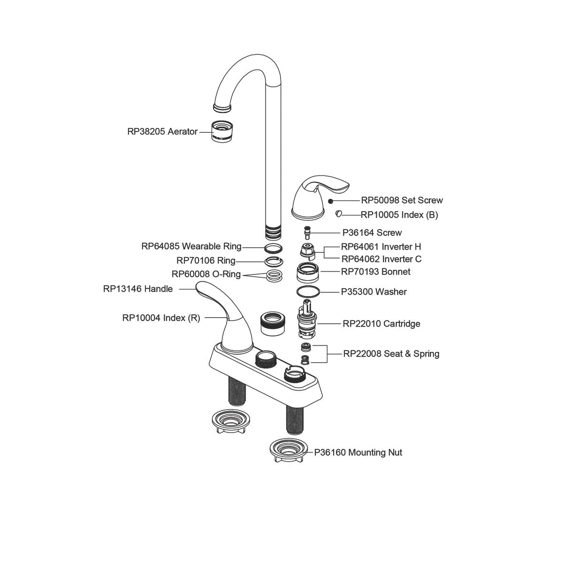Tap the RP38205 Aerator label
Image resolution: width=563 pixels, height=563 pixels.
162,132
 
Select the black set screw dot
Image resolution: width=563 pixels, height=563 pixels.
330,201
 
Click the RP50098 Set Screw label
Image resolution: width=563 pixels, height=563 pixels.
402,200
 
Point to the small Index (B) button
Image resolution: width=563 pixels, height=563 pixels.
338,214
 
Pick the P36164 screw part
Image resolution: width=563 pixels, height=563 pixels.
307,232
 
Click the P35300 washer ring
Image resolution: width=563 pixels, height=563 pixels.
308,291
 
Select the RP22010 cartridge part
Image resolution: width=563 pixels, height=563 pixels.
307,323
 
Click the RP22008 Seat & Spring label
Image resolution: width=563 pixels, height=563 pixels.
391,354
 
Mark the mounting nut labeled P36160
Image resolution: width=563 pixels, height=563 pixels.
287,451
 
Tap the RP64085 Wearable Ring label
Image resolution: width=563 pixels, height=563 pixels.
191,246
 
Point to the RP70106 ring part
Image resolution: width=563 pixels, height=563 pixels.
274,261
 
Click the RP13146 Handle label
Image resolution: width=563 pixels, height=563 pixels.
138,289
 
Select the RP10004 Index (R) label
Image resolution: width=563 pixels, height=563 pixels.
161,318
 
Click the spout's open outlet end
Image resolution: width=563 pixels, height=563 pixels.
222,108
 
